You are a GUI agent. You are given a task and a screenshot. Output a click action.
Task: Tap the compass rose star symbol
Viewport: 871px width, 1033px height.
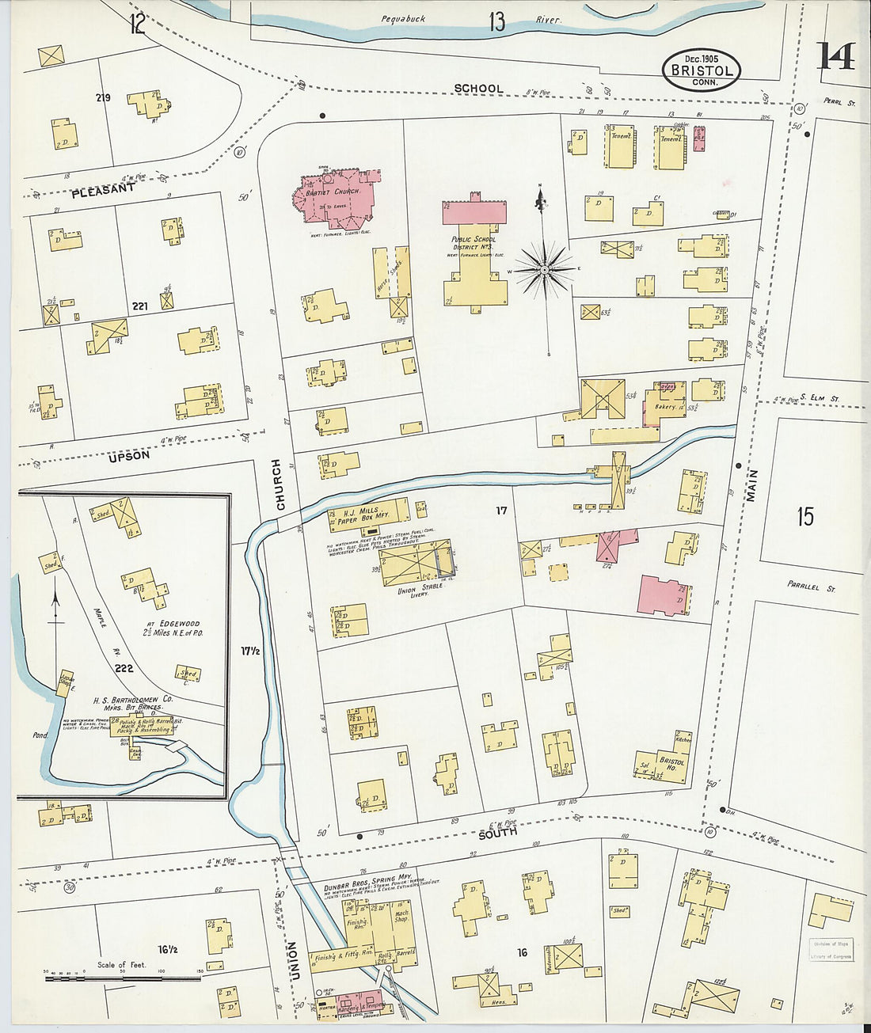coord(545,270)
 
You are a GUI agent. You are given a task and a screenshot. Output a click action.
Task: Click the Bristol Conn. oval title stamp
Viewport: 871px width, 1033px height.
coord(701,70)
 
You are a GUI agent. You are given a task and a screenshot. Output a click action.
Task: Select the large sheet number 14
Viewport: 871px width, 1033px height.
coord(835,56)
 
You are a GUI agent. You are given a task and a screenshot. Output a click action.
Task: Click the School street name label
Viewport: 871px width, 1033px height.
coord(478,89)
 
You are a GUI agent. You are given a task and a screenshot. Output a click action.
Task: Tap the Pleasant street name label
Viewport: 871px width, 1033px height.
coord(103,190)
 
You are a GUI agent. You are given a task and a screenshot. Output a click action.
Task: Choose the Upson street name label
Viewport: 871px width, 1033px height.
coord(129,456)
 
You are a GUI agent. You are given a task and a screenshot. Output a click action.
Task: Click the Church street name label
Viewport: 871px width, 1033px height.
coord(278,484)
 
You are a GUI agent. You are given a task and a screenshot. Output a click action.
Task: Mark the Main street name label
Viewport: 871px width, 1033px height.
coord(751,484)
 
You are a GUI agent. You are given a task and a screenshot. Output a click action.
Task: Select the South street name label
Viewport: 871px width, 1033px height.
coord(497,832)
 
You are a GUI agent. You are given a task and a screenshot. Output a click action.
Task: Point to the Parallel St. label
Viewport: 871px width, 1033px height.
coord(811,588)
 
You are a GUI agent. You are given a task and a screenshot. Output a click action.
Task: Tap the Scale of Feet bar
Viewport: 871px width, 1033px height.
coord(122,978)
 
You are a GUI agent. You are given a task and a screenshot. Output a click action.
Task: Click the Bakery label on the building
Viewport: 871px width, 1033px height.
coord(665,407)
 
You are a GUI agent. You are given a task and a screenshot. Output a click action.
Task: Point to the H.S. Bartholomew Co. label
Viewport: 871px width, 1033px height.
coord(133,701)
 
